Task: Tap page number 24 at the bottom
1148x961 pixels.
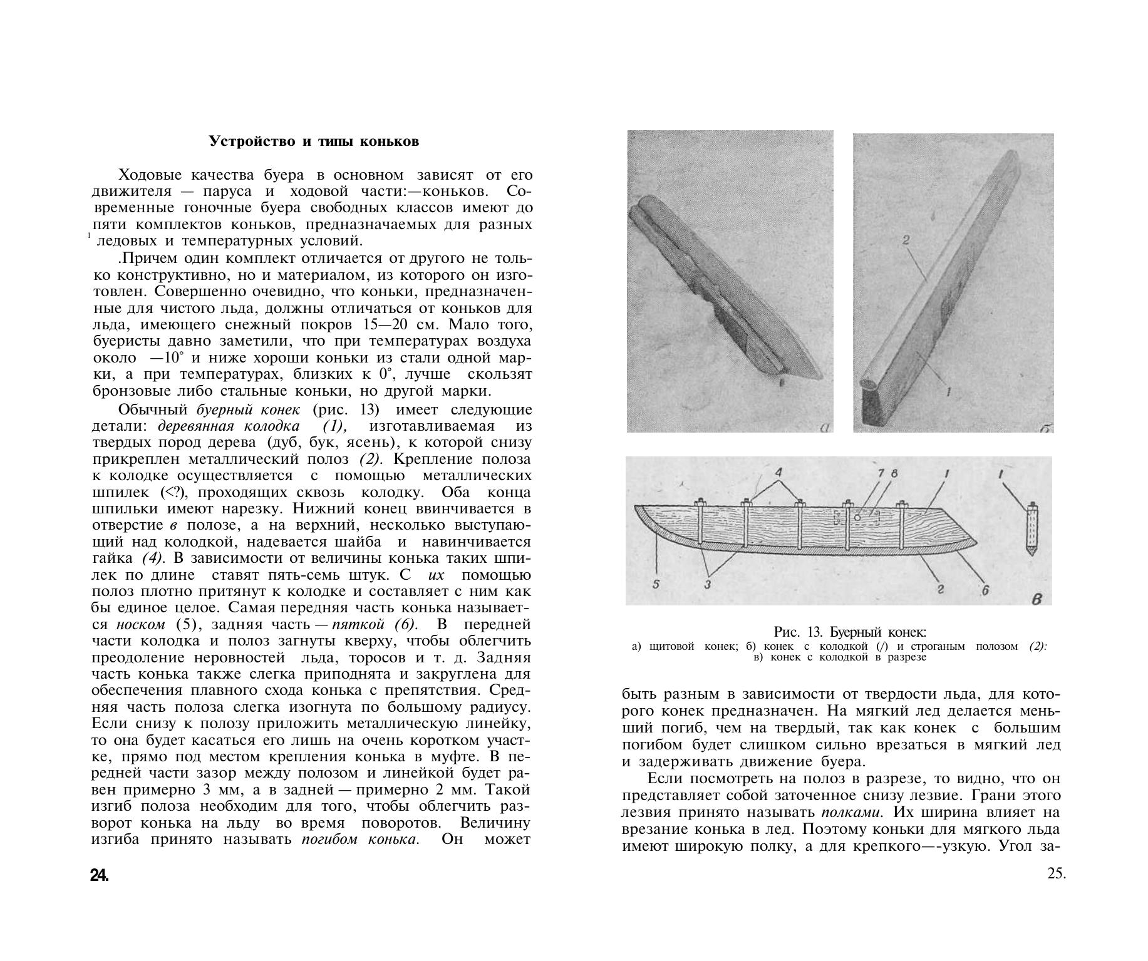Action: tap(100, 875)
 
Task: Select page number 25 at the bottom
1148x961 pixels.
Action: tap(1057, 874)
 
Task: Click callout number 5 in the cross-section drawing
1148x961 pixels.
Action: tap(656, 585)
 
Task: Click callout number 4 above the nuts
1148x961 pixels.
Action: tap(778, 473)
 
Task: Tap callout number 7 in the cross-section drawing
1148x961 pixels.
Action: tap(882, 474)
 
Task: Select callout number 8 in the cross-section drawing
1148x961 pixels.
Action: tap(894, 474)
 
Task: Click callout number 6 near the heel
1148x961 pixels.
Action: tap(985, 589)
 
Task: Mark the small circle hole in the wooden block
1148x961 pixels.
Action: tap(856, 518)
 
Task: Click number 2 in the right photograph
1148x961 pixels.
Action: tap(906, 240)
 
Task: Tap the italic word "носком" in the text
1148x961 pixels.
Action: tap(141, 625)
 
